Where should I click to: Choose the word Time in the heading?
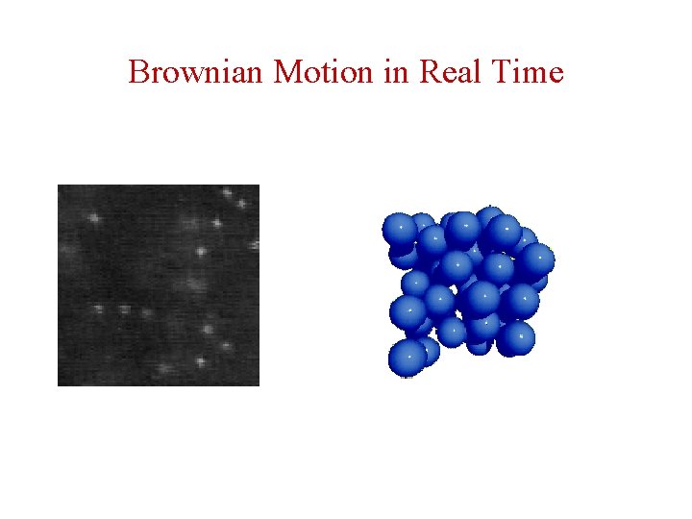[x=526, y=72]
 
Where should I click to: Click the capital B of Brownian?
[x=138, y=72]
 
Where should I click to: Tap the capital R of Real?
[x=429, y=72]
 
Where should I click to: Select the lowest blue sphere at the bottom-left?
[x=407, y=358]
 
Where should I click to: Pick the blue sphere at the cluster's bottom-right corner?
[x=517, y=337]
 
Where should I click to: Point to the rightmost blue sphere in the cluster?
[x=537, y=259]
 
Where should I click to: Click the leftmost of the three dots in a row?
[x=100, y=309]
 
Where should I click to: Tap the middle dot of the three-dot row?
[x=124, y=309]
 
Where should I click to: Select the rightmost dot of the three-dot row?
[x=146, y=311]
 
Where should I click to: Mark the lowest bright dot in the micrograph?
[x=201, y=362]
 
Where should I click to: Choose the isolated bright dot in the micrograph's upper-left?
[x=94, y=218]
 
